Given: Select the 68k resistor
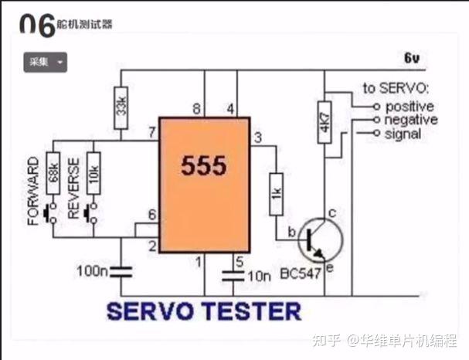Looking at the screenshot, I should [x=53, y=169].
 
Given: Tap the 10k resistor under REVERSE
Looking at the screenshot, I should [x=93, y=169].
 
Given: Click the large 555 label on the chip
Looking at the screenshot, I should [x=204, y=166].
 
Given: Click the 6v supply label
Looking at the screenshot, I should [x=410, y=59].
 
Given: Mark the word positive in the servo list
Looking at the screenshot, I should [x=409, y=106].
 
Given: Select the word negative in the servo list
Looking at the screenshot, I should [x=411, y=120].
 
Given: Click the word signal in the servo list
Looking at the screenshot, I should [x=403, y=134].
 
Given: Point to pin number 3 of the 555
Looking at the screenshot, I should [x=257, y=138].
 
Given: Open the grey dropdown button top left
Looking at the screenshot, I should [x=46, y=62].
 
